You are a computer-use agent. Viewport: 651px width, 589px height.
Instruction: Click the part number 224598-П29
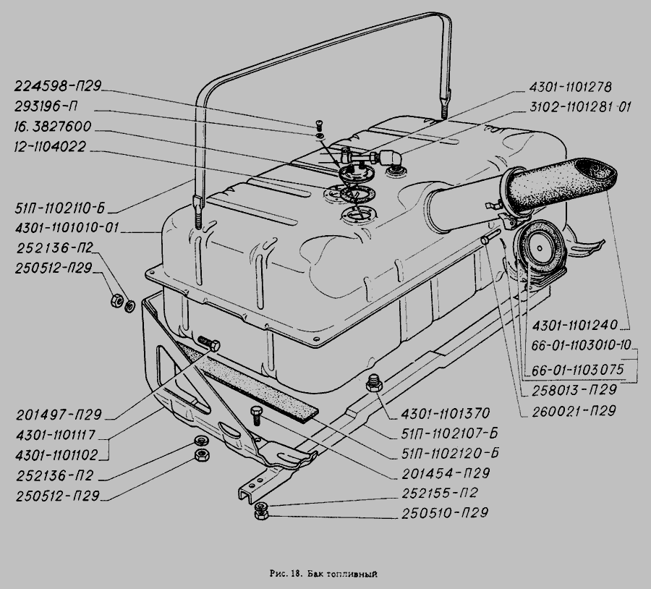pos(58,86)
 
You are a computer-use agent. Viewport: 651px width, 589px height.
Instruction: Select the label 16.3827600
pos(53,127)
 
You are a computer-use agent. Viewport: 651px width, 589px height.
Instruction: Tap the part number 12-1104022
pos(50,147)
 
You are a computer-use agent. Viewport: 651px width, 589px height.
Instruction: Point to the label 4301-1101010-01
pos(67,228)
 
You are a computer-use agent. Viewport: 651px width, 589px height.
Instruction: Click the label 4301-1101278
pos(570,88)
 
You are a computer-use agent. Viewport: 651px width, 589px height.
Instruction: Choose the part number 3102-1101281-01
pos(579,107)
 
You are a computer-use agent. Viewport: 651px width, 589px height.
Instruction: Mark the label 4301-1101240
pos(574,325)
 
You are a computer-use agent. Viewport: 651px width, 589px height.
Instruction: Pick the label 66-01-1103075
pos(577,370)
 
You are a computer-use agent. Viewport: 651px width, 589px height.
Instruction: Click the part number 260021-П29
pos(574,411)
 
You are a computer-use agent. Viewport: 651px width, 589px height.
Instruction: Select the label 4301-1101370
pos(446,413)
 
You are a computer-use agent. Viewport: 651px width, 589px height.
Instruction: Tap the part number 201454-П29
pos(446,473)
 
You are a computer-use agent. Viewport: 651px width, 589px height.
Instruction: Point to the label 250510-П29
pos(444,513)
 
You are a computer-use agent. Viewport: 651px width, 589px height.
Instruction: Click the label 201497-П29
pos(59,415)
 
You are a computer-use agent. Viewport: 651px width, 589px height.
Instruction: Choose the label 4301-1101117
pos(55,435)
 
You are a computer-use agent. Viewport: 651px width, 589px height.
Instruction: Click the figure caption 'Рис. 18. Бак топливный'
pos(323,574)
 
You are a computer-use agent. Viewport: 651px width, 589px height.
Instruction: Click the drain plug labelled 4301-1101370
pos(374,383)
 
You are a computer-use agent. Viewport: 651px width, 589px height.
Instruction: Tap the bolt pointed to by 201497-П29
pos(209,343)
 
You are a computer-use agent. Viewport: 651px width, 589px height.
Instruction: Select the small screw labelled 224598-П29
pos(319,124)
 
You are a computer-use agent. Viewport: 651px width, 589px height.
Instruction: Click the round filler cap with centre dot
pos(540,248)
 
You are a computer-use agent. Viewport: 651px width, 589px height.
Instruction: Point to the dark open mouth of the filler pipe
pos(596,169)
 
